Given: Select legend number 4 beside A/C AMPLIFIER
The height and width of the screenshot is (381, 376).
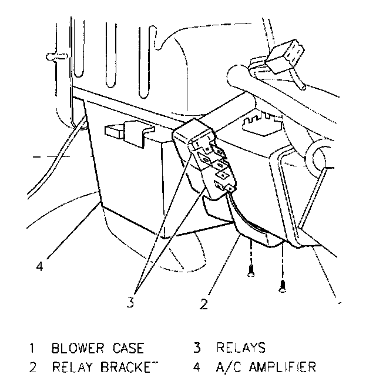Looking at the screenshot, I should [x=197, y=367].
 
